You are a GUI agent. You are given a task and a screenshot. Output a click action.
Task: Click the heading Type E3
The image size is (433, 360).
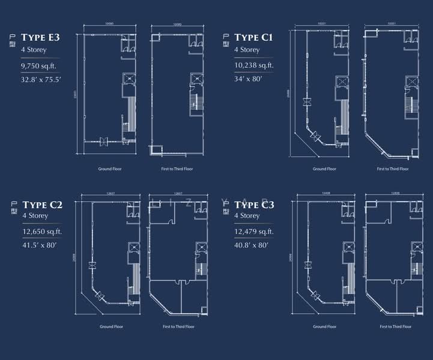[40, 37]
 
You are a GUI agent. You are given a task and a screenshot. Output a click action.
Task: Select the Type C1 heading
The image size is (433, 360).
[254, 37]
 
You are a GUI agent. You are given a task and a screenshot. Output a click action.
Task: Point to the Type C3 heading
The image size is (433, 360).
[255, 205]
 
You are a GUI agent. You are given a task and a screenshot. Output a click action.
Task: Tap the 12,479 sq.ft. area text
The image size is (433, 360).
[254, 232]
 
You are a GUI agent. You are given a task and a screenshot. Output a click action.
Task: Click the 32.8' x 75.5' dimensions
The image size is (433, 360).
[40, 78]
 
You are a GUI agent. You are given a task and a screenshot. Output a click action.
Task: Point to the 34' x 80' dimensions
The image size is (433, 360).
[248, 78]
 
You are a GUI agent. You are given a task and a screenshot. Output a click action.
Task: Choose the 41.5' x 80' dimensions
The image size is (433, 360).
[39, 245]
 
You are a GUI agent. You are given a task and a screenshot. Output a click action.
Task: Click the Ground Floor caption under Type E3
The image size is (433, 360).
[110, 169]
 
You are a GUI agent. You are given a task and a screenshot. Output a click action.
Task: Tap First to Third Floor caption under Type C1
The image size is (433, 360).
[393, 169]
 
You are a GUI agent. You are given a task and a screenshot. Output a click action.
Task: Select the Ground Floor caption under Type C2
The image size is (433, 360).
[112, 327]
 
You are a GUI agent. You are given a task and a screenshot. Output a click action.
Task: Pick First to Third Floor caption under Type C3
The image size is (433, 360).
[396, 327]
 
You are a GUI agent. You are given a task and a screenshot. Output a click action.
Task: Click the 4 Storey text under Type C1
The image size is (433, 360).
[247, 50]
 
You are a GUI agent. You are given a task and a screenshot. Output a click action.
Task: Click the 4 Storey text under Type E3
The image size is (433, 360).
[33, 50]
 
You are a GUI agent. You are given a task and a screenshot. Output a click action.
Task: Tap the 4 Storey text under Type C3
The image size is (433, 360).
[247, 215]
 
